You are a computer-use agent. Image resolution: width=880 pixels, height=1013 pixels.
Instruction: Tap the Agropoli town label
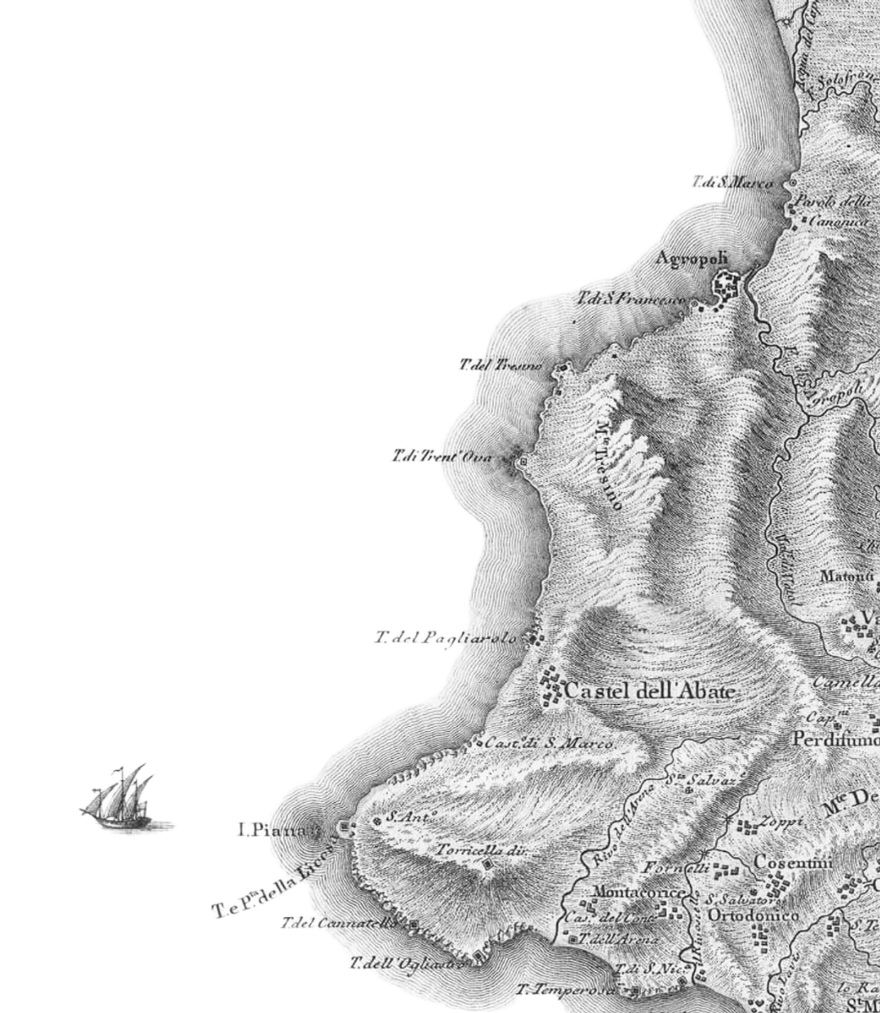click(691, 259)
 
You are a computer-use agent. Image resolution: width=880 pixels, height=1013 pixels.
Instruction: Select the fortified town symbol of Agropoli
click(725, 286)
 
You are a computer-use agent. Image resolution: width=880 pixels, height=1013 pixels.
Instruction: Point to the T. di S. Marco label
click(731, 183)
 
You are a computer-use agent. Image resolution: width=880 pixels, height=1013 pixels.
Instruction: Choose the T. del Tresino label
click(500, 365)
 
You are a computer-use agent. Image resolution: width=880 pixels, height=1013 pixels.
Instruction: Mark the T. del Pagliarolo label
click(446, 637)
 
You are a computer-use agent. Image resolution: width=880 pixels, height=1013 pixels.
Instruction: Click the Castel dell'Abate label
click(649, 691)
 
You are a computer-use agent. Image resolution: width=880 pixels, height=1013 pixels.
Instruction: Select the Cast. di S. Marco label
click(549, 743)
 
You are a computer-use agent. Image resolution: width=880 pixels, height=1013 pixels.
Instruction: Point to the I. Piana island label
click(272, 831)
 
